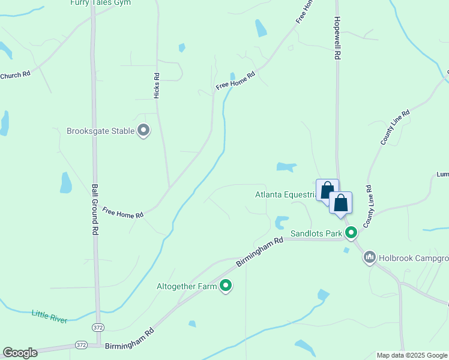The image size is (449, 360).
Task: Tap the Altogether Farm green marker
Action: pyautogui.click(x=226, y=286)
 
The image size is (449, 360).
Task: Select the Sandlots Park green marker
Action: pyautogui.click(x=351, y=232)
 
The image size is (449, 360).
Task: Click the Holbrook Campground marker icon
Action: pyautogui.click(x=369, y=258)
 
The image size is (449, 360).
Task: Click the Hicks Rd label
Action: pyautogui.click(x=157, y=86)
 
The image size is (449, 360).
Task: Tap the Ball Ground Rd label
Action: pyautogui.click(x=94, y=209)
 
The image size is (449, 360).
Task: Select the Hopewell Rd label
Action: pyautogui.click(x=337, y=38)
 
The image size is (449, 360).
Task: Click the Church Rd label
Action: pyautogui.click(x=15, y=76)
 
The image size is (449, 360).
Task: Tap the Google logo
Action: pyautogui.click(x=20, y=353)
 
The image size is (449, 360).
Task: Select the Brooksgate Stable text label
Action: pyautogui.click(x=100, y=130)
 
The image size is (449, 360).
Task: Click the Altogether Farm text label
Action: pyautogui.click(x=186, y=287)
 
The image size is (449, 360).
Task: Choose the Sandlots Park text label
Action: pyautogui.click(x=316, y=233)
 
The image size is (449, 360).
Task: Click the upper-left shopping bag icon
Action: pyautogui.click(x=327, y=190)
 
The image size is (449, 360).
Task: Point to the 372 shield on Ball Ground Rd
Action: pyautogui.click(x=98, y=327)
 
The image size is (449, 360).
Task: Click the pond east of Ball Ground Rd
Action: pyautogui.click(x=66, y=182)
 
